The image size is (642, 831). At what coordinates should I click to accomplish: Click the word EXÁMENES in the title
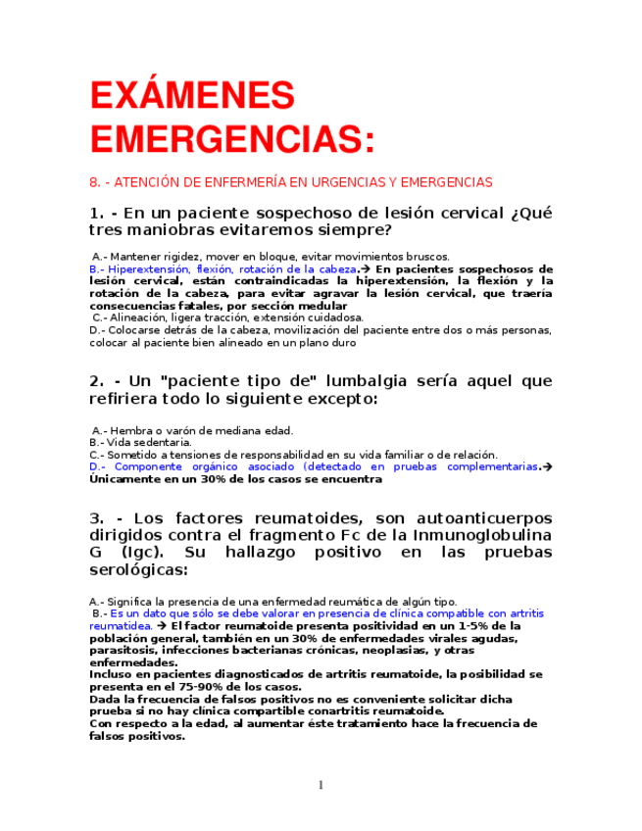[x=191, y=96]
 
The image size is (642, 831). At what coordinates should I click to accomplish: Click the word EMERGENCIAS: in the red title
[x=231, y=137]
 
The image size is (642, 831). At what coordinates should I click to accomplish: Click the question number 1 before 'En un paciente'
[x=96, y=213]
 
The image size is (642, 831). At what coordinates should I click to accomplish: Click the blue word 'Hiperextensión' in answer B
[x=151, y=269]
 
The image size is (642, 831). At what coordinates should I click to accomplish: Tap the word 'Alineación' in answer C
[x=139, y=318]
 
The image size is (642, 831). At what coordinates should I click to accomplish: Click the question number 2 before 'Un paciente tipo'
[x=96, y=380]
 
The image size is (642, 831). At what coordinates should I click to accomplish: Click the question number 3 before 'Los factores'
[x=96, y=517]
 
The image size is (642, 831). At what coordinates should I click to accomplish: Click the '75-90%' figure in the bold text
[x=225, y=687]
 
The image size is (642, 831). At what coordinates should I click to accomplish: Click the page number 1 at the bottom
[x=321, y=785]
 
